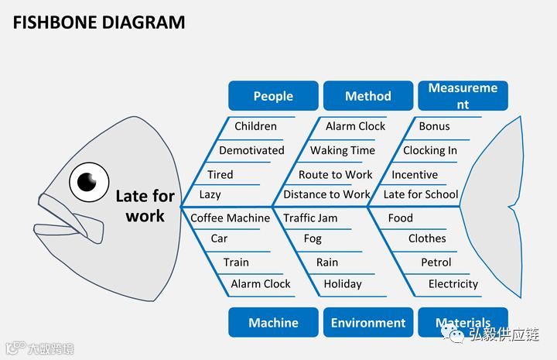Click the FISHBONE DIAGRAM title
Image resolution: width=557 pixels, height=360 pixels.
(x=99, y=22)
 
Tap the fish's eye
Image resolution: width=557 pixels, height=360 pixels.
(x=87, y=182)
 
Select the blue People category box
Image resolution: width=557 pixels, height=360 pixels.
(x=273, y=96)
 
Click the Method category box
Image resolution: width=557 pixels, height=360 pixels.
(x=368, y=96)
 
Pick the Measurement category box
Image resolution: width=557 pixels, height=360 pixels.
(x=463, y=96)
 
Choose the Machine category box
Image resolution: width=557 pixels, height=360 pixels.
(x=273, y=322)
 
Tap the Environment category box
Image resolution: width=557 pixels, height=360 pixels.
(x=368, y=322)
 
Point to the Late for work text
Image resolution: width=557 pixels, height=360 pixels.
(x=145, y=206)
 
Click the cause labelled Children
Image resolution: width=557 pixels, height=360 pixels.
(x=255, y=126)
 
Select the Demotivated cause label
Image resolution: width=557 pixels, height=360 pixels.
(x=251, y=150)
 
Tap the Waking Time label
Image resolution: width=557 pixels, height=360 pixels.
(x=343, y=150)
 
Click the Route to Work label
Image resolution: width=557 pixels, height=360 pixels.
(x=336, y=175)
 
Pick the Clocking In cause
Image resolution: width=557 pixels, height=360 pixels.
(x=430, y=150)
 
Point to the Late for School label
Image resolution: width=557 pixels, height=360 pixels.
(x=421, y=194)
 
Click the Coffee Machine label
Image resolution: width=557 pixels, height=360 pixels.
(x=231, y=218)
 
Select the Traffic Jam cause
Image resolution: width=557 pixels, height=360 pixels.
(x=310, y=218)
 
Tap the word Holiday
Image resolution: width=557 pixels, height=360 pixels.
(x=343, y=284)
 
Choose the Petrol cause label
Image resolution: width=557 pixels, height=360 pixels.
(x=436, y=262)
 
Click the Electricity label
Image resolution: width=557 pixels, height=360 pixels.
(x=453, y=284)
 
